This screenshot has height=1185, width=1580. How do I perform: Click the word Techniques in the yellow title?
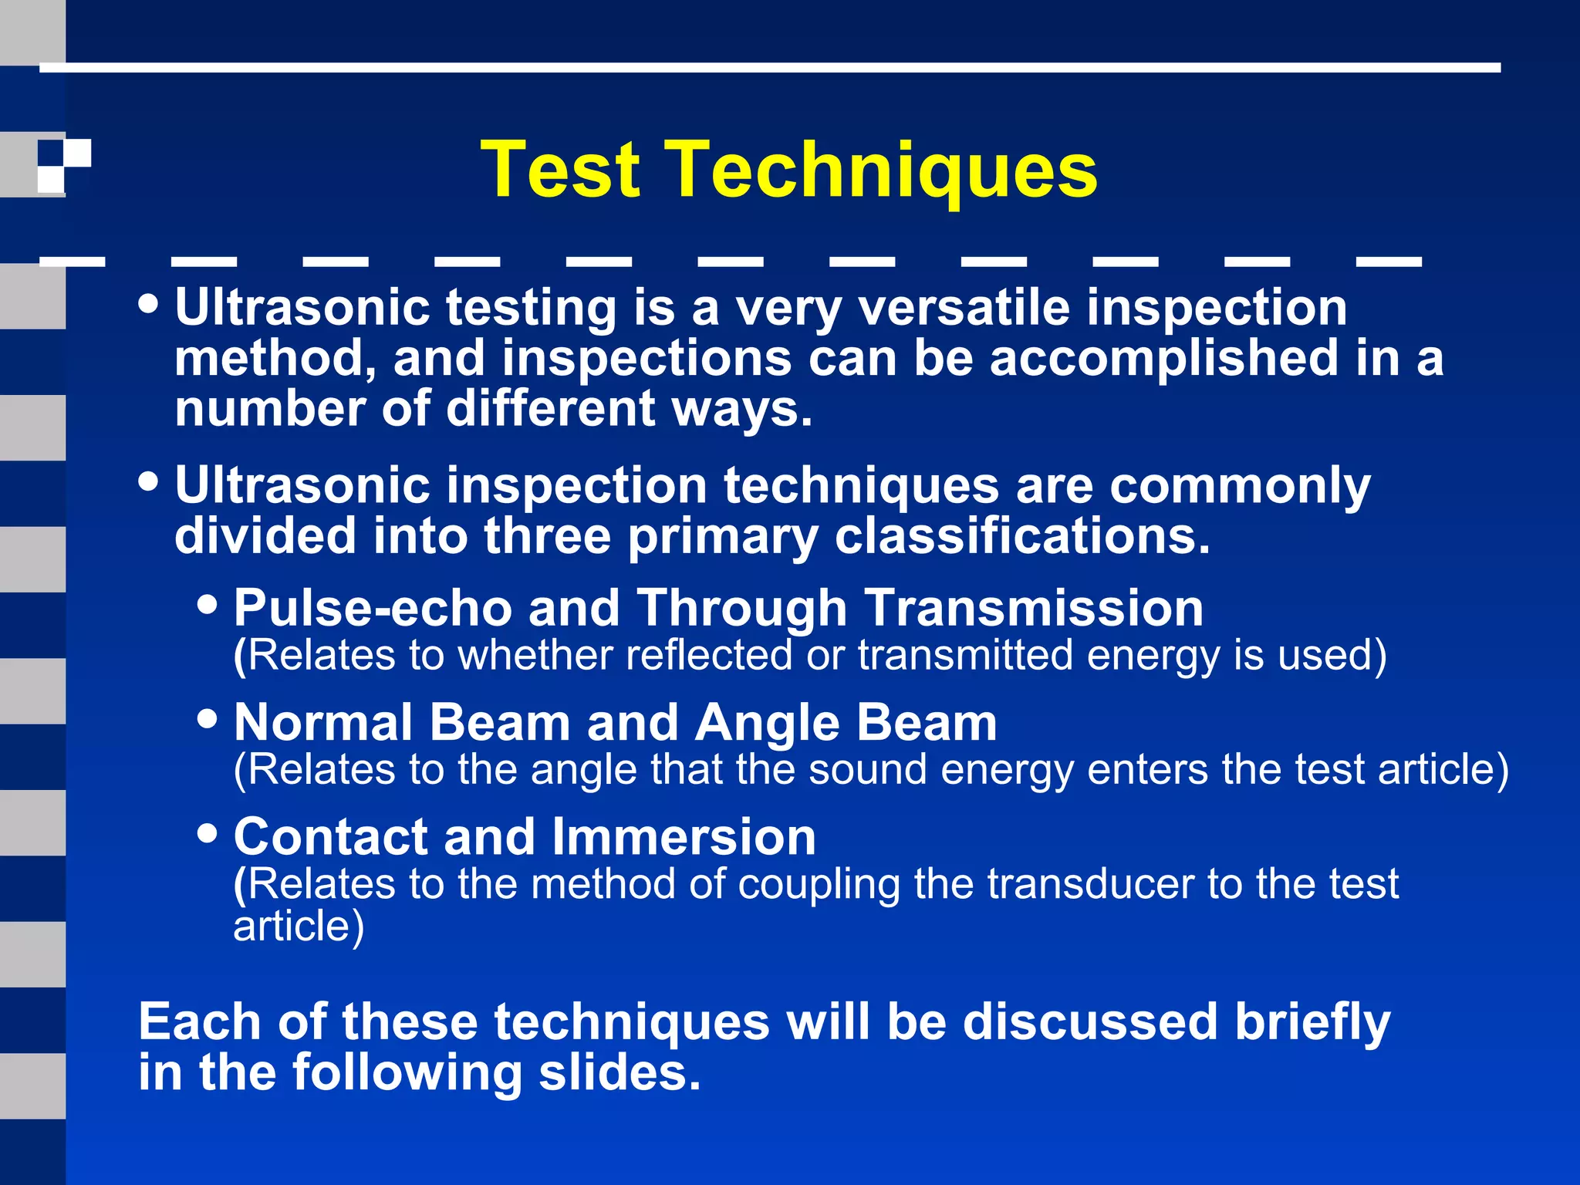coord(886,170)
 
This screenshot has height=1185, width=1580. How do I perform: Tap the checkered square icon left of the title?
coord(64,165)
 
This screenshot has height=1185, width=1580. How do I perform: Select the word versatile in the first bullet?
coord(964,308)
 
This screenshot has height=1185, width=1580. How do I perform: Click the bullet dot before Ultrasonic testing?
coord(148,303)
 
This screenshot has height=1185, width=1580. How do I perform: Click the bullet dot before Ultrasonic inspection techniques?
coord(148,481)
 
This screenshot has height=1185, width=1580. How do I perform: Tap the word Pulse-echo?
coord(373,608)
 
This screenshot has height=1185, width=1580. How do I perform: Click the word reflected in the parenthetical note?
coord(708,656)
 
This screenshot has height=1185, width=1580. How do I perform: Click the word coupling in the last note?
coord(819,885)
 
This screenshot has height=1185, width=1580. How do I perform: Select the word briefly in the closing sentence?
coord(1312,1023)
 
